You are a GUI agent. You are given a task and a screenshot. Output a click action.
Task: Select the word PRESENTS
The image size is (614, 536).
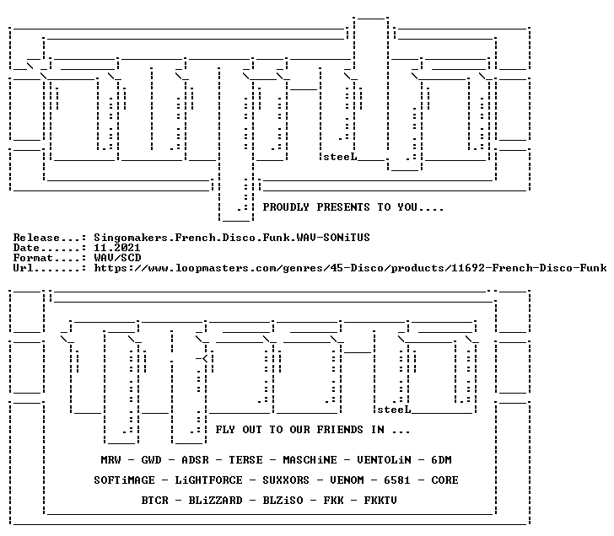[343, 207]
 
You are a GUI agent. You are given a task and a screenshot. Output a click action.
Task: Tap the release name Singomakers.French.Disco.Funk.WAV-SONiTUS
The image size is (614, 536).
[232, 238]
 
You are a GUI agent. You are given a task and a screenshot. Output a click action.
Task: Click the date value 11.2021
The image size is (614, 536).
[117, 248]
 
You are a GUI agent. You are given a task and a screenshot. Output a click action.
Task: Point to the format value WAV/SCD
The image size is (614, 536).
[117, 258]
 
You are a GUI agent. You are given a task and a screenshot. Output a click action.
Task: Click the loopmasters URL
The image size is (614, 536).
[351, 268]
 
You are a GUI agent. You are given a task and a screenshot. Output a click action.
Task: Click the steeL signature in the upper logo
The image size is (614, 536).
[340, 157]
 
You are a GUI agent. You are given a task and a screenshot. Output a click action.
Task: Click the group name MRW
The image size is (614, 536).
[110, 459]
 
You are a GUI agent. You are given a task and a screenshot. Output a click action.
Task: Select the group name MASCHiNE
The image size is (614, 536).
[310, 459]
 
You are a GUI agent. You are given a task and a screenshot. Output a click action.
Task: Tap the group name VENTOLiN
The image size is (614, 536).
[384, 459]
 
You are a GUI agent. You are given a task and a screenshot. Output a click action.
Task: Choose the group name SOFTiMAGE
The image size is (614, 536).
[125, 480]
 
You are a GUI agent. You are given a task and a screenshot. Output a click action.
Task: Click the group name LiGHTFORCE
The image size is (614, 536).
[208, 480]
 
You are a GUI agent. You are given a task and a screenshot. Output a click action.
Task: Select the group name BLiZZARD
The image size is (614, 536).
[215, 501]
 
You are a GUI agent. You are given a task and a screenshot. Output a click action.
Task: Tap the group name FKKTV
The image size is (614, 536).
[380, 501]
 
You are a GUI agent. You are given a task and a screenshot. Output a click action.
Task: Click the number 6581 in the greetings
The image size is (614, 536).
[397, 480]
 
